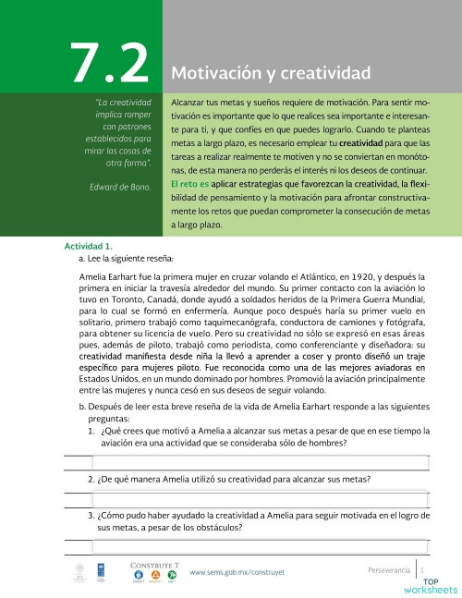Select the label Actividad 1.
88,247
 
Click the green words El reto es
191,184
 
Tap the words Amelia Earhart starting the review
116,275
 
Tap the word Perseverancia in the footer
388,569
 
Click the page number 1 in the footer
422,569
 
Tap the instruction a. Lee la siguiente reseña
128,259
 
